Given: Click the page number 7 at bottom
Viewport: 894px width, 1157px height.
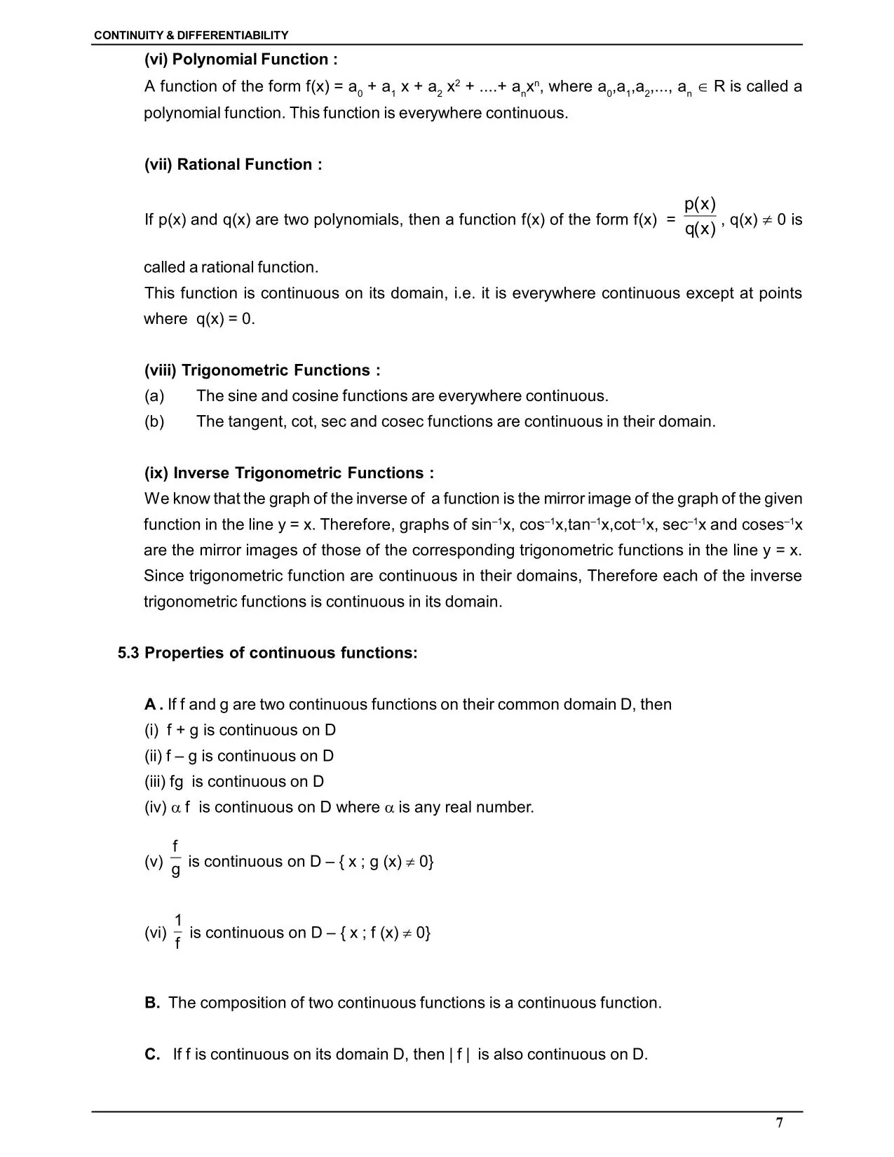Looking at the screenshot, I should pyautogui.click(x=780, y=1123).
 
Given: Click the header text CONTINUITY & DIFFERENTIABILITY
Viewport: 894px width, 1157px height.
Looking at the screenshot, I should pyautogui.click(x=191, y=35).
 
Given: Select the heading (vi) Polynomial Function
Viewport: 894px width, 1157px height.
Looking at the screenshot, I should pyautogui.click(x=241, y=60).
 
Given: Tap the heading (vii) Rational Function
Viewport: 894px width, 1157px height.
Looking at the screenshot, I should pyautogui.click(x=233, y=165).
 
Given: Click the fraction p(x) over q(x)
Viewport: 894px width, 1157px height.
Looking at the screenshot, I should pyautogui.click(x=700, y=217).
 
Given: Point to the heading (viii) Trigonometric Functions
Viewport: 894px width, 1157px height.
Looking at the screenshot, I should pyautogui.click(x=262, y=370).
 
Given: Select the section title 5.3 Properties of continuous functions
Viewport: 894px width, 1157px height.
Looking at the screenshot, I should pyautogui.click(x=267, y=654).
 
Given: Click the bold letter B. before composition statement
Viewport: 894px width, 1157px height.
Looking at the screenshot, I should pyautogui.click(x=152, y=1003).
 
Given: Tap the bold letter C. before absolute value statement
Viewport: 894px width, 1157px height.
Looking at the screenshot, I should pyautogui.click(x=152, y=1055).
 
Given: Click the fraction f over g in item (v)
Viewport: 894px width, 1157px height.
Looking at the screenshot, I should pyautogui.click(x=175, y=860).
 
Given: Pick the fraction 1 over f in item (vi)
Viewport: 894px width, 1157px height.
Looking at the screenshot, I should pyautogui.click(x=177, y=931).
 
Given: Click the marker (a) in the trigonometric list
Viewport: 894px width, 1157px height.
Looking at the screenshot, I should pyautogui.click(x=154, y=396).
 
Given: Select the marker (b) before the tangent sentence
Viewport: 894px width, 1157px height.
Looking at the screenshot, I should pyautogui.click(x=154, y=422).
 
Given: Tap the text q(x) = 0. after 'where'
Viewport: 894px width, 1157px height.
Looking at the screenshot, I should pyautogui.click(x=225, y=319).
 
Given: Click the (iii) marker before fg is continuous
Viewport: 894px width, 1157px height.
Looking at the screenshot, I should pyautogui.click(x=155, y=782).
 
